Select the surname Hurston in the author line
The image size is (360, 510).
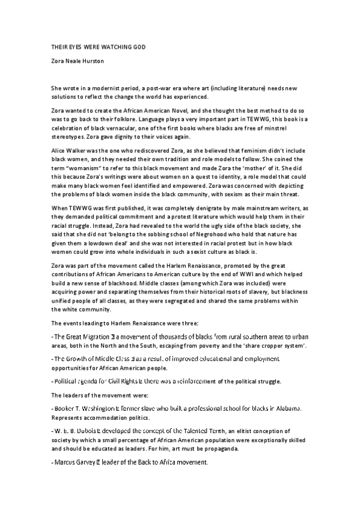point(89,61)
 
